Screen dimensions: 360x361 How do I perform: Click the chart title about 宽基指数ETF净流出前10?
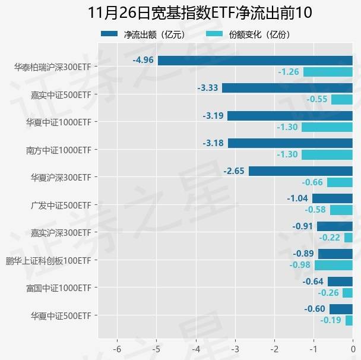(199, 13)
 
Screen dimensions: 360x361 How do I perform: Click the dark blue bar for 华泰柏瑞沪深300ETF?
(255, 60)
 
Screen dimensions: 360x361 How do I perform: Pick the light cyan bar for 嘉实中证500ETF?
(341, 99)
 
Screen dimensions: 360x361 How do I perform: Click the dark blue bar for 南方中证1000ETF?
(290, 143)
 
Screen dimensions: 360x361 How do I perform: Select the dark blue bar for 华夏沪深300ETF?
(300, 171)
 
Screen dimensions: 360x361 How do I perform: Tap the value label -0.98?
(300, 265)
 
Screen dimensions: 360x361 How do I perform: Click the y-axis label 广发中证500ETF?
(61, 205)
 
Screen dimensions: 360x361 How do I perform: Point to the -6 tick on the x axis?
(117, 349)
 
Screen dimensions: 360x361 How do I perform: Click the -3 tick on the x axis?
(235, 349)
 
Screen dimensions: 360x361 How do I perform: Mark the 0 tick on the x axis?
(353, 349)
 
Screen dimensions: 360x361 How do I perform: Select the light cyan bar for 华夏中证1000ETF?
(327, 127)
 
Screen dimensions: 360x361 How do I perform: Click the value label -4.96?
(143, 60)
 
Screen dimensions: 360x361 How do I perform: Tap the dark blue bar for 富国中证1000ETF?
(340, 282)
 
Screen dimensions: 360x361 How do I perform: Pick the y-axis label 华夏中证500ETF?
(61, 315)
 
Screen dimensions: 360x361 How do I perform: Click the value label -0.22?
(330, 238)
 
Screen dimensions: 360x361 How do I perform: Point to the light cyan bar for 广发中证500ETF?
(341, 210)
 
